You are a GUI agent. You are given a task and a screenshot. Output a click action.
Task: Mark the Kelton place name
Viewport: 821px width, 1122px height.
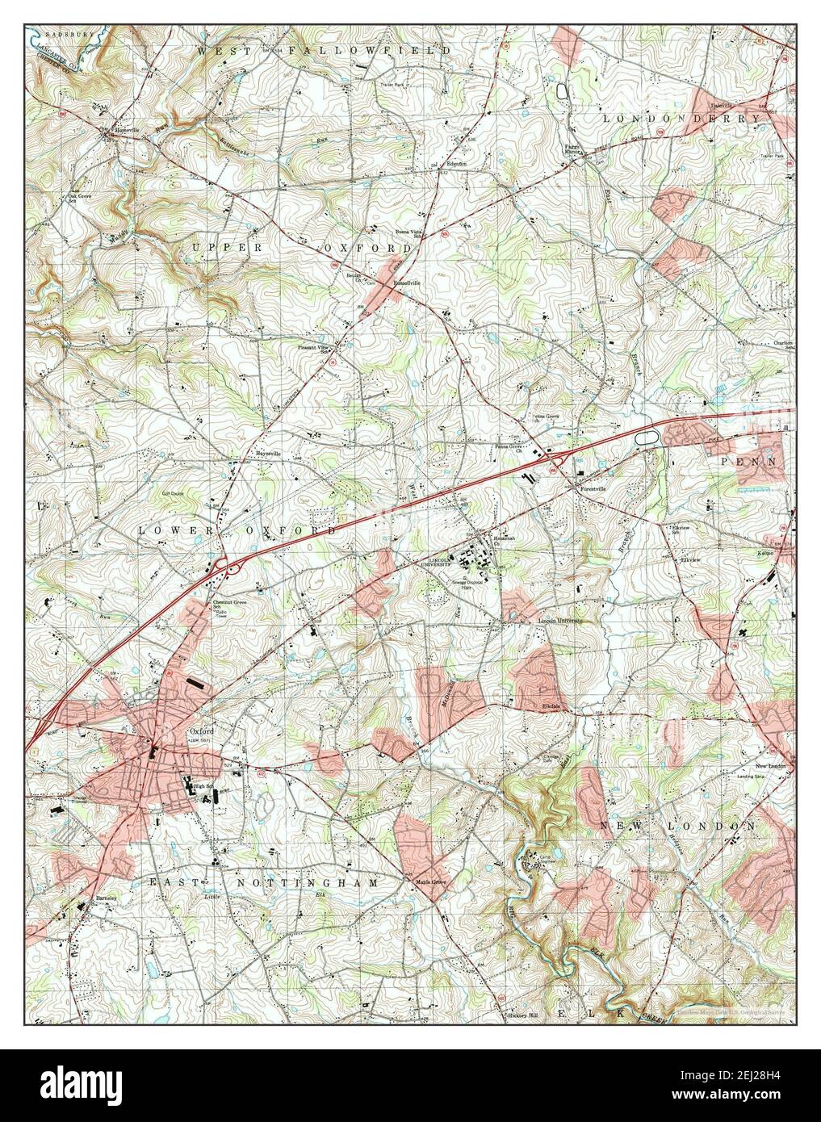[x=765, y=553]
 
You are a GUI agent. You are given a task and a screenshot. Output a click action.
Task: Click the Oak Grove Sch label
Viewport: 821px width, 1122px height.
[x=82, y=197]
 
